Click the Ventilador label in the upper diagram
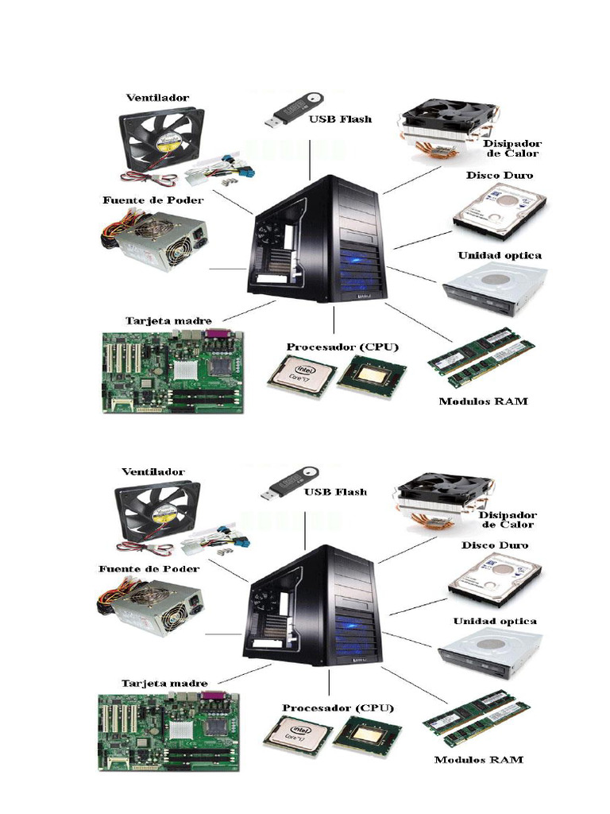point(157,98)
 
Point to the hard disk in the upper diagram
point(500,208)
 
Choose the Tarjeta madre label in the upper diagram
point(168,321)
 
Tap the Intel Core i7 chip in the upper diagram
point(301,375)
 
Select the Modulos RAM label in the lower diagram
point(478,760)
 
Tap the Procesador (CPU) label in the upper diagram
point(342,347)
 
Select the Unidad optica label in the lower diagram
point(495,621)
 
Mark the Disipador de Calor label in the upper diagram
point(512,149)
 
